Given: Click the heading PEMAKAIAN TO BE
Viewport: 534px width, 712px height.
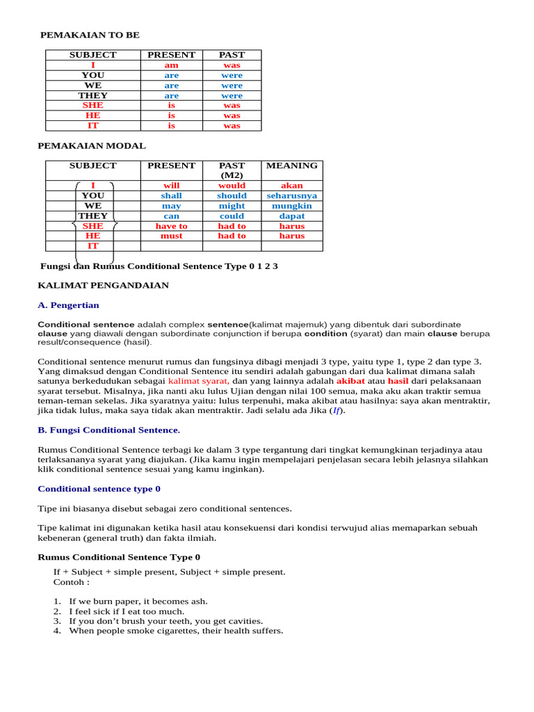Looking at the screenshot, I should tap(95, 35).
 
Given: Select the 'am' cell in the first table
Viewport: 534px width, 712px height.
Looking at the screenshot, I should tap(171, 65).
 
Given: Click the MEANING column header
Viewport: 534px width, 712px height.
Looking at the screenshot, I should tap(292, 165).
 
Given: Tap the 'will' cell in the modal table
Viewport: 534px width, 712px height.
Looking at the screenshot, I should tap(171, 186).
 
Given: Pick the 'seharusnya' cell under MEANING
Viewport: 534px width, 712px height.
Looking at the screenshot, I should tap(292, 196).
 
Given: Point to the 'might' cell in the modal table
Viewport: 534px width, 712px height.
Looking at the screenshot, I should tap(232, 206).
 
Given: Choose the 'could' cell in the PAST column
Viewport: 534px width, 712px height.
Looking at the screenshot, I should tap(232, 216).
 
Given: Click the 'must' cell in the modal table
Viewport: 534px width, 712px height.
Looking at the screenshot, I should tap(171, 236).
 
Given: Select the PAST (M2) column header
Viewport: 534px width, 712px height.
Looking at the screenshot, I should tap(232, 170).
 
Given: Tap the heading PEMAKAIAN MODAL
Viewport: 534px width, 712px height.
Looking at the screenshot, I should tap(91, 146).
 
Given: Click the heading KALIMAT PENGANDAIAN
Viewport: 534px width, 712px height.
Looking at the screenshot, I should tap(103, 285).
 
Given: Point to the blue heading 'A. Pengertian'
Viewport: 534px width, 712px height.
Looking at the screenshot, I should tap(68, 305).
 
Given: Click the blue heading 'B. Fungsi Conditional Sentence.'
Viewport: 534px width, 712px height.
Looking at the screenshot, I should tap(108, 430).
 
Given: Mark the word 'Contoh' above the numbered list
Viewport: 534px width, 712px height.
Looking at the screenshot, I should tap(69, 582).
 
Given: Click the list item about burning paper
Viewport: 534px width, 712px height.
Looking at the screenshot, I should tap(138, 601).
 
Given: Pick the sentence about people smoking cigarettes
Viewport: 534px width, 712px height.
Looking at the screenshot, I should tap(176, 631).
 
